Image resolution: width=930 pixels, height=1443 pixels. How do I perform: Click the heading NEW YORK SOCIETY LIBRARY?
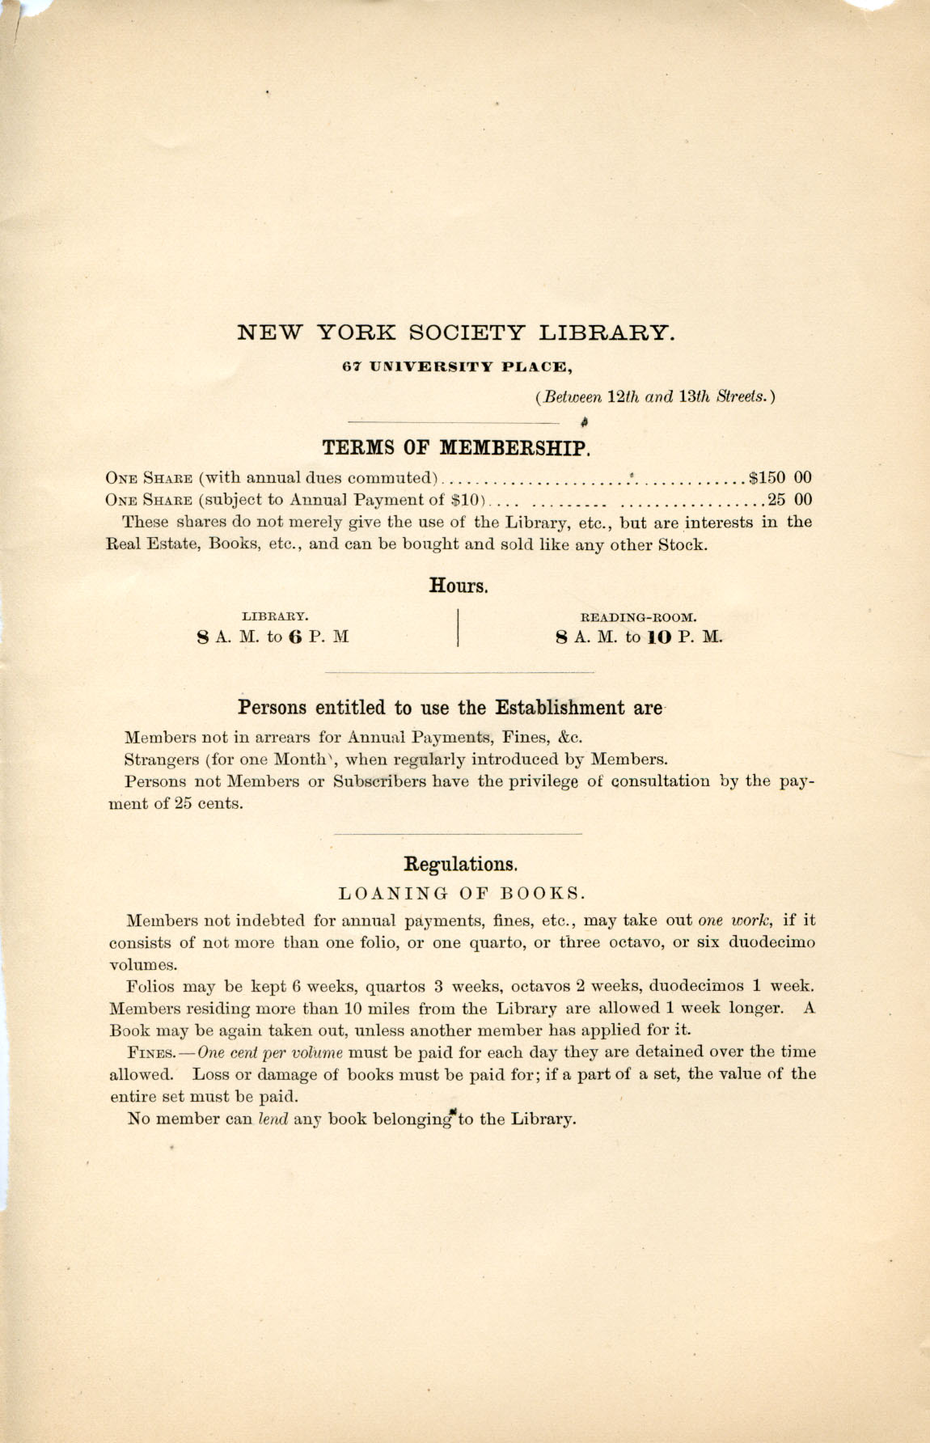[x=455, y=332]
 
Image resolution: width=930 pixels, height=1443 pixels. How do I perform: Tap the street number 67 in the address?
[x=349, y=366]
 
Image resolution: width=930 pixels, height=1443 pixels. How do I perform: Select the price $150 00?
[x=780, y=477]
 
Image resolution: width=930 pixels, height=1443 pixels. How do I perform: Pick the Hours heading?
[x=459, y=586]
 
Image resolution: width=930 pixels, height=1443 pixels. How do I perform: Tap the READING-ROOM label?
[x=639, y=616]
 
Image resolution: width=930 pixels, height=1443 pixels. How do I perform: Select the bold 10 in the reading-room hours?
[x=659, y=637]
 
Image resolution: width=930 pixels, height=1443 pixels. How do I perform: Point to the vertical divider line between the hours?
[x=459, y=628]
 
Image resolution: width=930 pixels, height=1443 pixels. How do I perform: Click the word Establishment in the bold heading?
[x=560, y=708]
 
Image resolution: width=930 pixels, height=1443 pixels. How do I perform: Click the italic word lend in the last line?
[x=273, y=1120]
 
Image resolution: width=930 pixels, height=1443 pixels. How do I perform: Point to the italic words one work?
[x=735, y=920]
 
